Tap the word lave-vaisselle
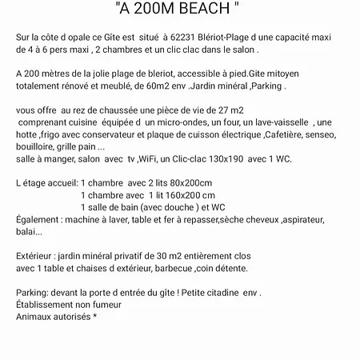[258, 122]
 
